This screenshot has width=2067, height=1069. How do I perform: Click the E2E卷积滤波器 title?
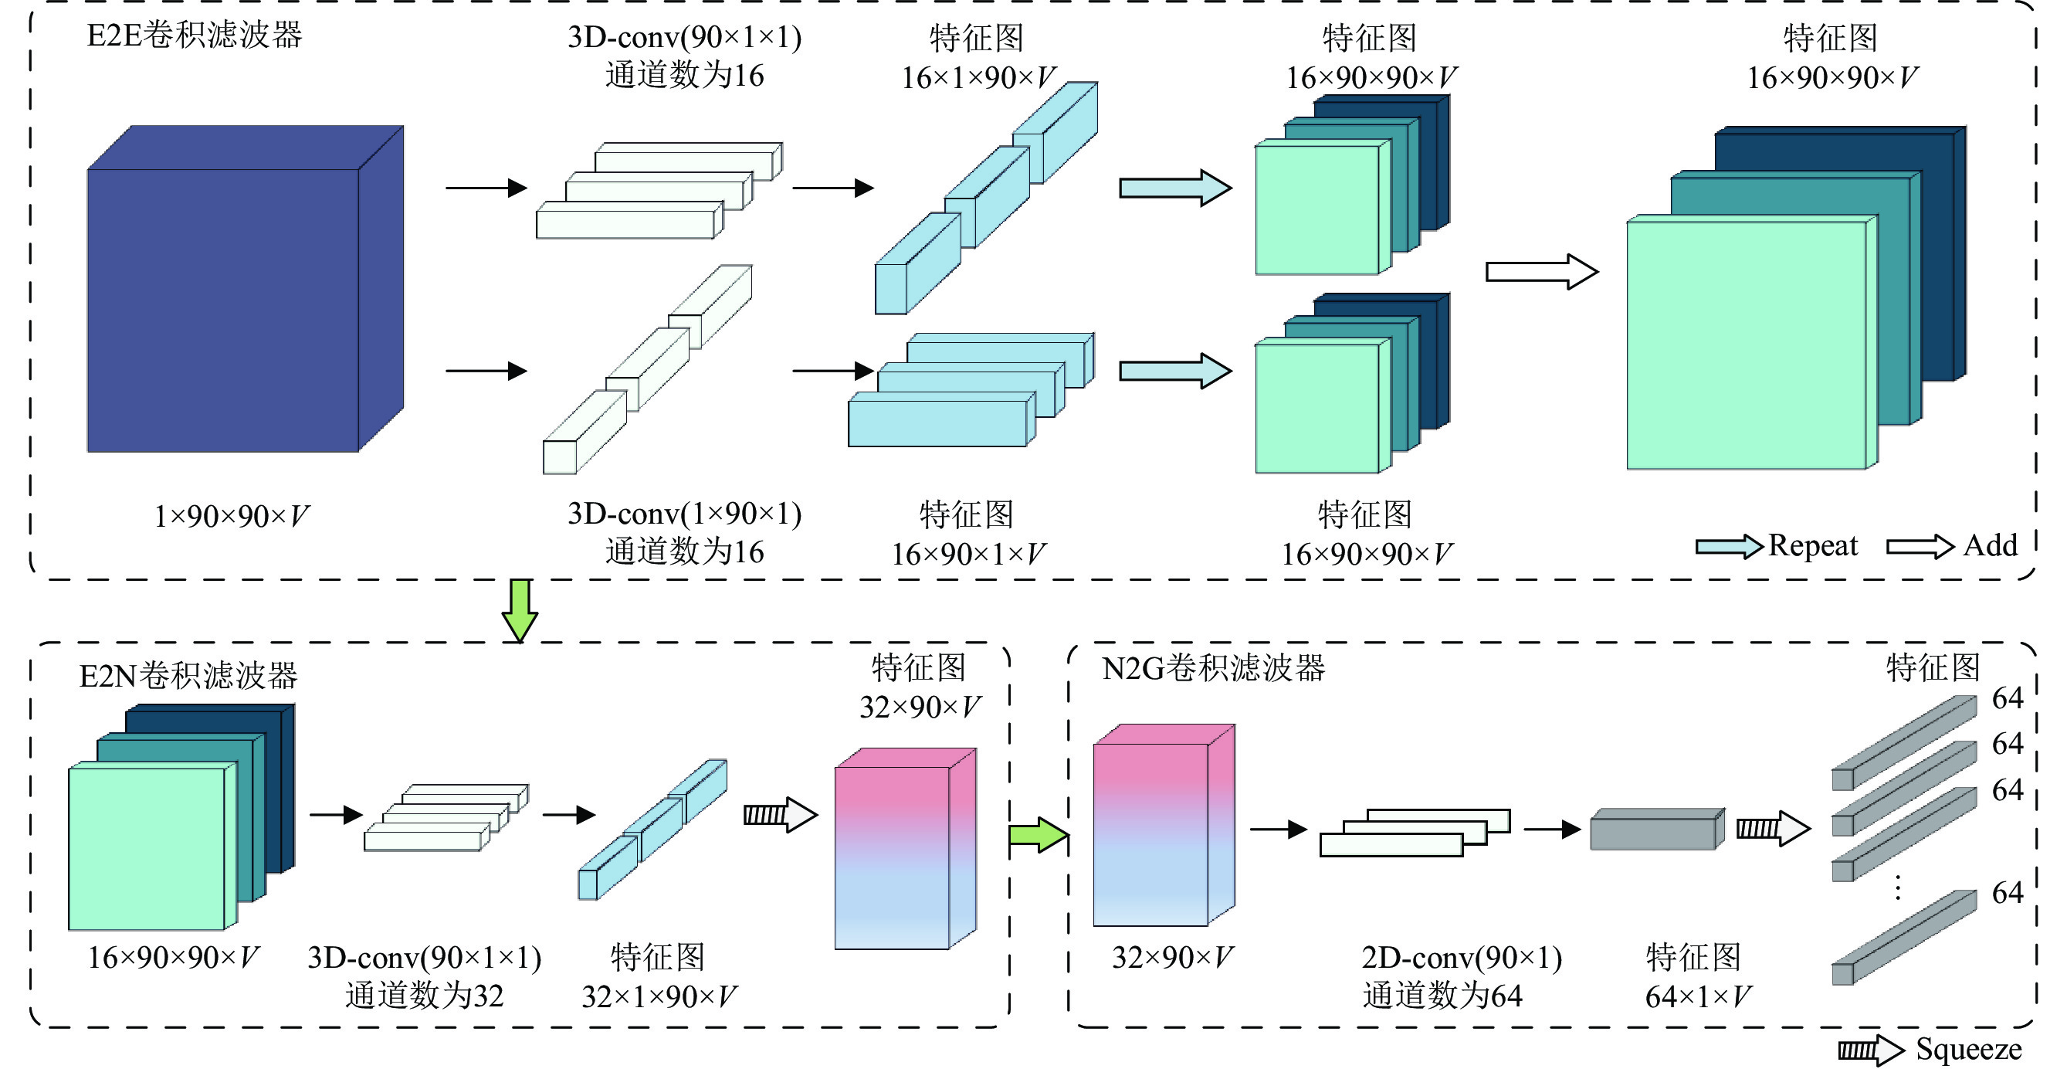(194, 36)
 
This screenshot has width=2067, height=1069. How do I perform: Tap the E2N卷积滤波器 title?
(188, 676)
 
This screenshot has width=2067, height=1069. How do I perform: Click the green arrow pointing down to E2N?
(520, 611)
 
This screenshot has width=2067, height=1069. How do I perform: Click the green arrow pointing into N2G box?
(1039, 836)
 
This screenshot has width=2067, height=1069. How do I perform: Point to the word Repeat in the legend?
(1813, 546)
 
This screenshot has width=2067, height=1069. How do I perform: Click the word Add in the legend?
(1991, 546)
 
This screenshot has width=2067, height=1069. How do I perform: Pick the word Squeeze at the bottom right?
(1968, 1049)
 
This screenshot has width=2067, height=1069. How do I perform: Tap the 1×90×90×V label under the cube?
(231, 516)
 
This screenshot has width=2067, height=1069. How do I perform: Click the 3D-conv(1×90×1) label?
(684, 514)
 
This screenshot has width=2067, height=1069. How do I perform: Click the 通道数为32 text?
(425, 996)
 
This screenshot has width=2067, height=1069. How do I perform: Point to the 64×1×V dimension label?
(1698, 996)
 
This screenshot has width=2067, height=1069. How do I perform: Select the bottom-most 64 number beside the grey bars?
(2008, 892)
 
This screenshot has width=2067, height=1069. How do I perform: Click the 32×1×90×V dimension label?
(659, 996)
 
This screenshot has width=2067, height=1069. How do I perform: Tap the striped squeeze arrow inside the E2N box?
(779, 815)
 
